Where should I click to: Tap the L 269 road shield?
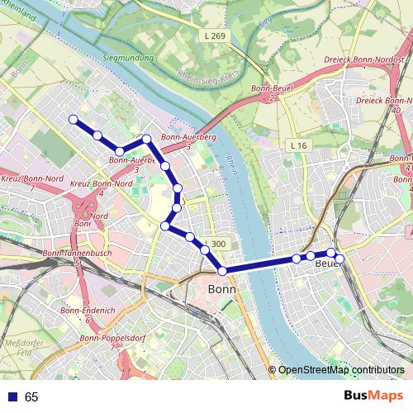point(213,36)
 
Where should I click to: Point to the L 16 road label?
point(299,145)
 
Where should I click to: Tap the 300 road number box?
point(218,244)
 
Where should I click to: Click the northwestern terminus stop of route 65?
point(73,120)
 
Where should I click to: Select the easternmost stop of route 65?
point(339,259)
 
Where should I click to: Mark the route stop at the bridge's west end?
point(222,271)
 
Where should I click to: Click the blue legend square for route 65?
point(12,397)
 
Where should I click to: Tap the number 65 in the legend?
point(31,397)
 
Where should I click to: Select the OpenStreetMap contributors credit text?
point(340,370)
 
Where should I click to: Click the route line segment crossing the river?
point(256,266)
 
